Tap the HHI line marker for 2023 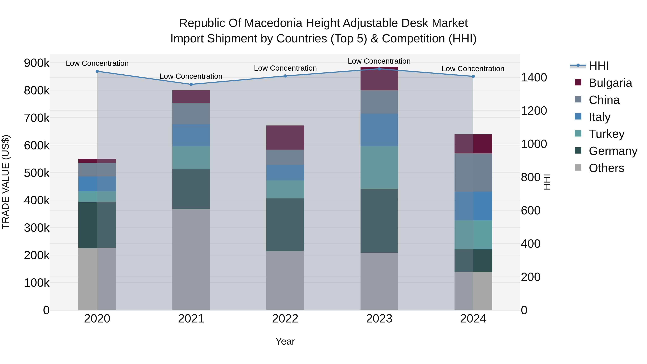coord(379,69)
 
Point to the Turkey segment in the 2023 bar coord(379,167)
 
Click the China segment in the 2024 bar coord(473,172)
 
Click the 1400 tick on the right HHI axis coord(534,77)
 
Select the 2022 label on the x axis coord(285,319)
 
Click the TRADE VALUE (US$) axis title coord(6,182)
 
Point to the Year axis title coord(285,341)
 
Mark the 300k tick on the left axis coord(37,228)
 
